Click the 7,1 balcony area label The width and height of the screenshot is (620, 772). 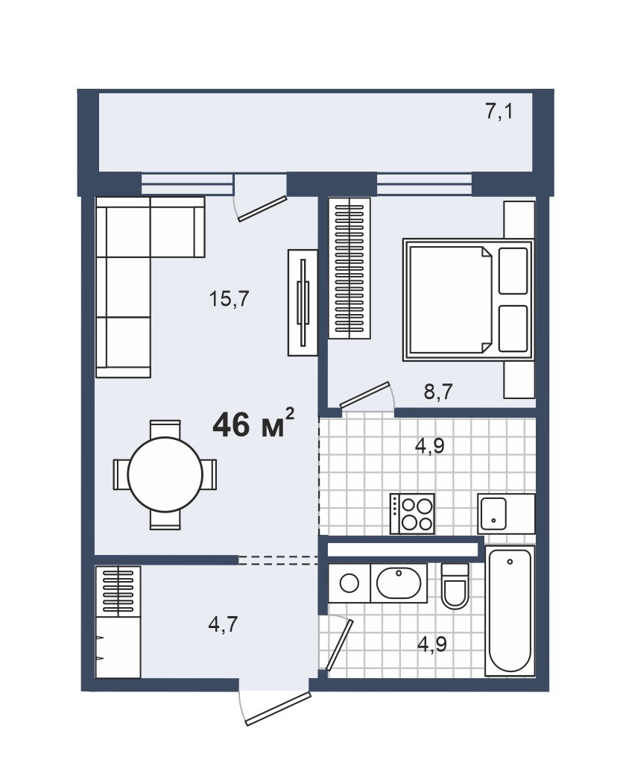coord(499,111)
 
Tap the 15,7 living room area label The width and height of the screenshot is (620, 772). coord(230,298)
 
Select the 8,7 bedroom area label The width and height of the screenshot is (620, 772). coord(438,392)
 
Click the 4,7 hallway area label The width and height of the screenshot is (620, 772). coord(223,624)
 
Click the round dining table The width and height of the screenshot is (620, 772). coord(165,474)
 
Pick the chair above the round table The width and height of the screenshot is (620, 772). coord(165,429)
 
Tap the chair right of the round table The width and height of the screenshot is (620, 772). coord(209,474)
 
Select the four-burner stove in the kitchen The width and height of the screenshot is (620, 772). coord(412,513)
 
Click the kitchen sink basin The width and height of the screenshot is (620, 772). coord(493,513)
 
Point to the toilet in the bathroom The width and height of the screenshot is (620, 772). coord(455,586)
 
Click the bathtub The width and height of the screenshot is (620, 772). coord(510,610)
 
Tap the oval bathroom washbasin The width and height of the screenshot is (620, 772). coord(399,583)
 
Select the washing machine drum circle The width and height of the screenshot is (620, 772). coord(349,583)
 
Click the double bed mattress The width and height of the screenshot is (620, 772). coord(450,301)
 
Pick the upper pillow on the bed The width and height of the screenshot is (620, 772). coord(513,271)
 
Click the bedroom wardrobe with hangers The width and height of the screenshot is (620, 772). coord(349,269)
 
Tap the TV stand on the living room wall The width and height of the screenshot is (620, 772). coord(303,302)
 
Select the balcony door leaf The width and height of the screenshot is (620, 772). coord(262,209)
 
